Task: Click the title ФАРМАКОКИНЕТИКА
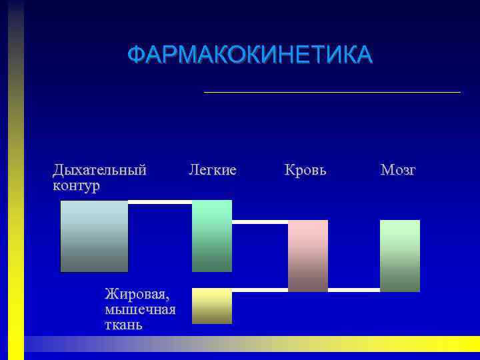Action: pos(250,55)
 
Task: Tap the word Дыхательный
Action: pos(99,170)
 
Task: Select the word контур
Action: pos(76,185)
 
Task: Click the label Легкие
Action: pos(213,170)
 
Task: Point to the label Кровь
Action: pos(305,170)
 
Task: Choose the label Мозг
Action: pos(398,170)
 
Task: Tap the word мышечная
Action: pos(140,309)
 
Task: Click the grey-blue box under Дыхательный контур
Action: pos(94,236)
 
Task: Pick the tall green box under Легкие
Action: pos(212,235)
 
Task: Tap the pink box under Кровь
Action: pos(308,255)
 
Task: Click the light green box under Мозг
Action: pos(400,255)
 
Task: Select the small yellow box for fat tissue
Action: pos(212,306)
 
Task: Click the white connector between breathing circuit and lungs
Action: pos(160,202)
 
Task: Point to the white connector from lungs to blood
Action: pos(260,222)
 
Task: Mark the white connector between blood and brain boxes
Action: pos(354,290)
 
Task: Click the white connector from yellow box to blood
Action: pos(260,290)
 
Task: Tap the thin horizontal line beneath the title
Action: pos(332,92)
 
